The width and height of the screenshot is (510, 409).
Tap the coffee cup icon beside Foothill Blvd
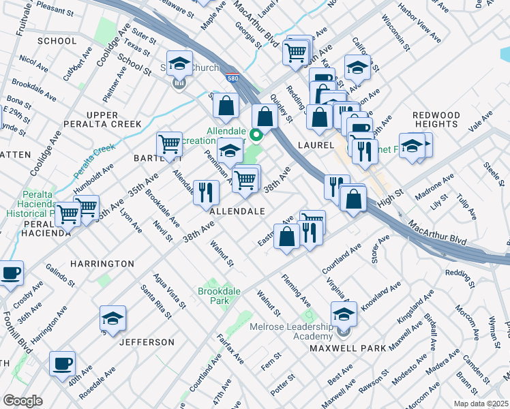pyautogui.click(x=10, y=273)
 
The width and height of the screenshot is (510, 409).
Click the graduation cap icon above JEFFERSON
pyautogui.click(x=112, y=318)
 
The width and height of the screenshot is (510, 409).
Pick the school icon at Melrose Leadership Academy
pyautogui.click(x=344, y=314)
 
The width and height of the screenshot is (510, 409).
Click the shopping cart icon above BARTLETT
pyautogui.click(x=169, y=144)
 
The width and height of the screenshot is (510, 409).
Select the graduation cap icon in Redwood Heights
pyautogui.click(x=412, y=146)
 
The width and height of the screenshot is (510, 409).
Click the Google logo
pyautogui.click(x=22, y=400)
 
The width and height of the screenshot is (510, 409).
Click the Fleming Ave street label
pyautogui.click(x=297, y=290)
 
